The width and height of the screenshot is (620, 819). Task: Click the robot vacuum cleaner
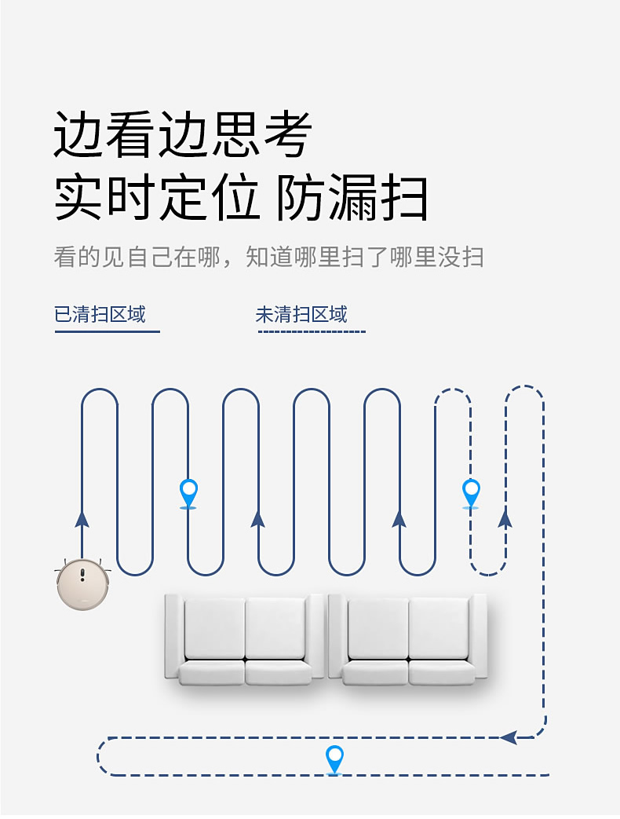[81, 583]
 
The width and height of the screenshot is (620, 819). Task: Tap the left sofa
[245, 638]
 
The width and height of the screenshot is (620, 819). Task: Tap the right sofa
[408, 638]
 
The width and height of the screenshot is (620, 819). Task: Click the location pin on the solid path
[188, 492]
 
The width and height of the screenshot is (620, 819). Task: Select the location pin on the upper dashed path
[471, 492]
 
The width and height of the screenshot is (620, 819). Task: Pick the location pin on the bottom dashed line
[334, 759]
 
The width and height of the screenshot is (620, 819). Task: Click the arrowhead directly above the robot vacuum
[82, 518]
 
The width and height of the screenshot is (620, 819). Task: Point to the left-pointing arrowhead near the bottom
[509, 737]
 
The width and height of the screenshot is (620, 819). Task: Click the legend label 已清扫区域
[100, 315]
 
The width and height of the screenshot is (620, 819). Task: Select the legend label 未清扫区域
[301, 315]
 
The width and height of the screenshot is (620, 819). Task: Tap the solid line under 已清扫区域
[107, 332]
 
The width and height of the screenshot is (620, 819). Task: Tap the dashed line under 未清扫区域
[312, 332]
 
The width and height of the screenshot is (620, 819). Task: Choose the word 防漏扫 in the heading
[352, 198]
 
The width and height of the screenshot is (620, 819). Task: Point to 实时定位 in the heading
[157, 198]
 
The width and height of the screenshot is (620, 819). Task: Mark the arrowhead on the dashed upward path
[505, 518]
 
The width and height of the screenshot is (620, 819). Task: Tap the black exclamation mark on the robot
[82, 575]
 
